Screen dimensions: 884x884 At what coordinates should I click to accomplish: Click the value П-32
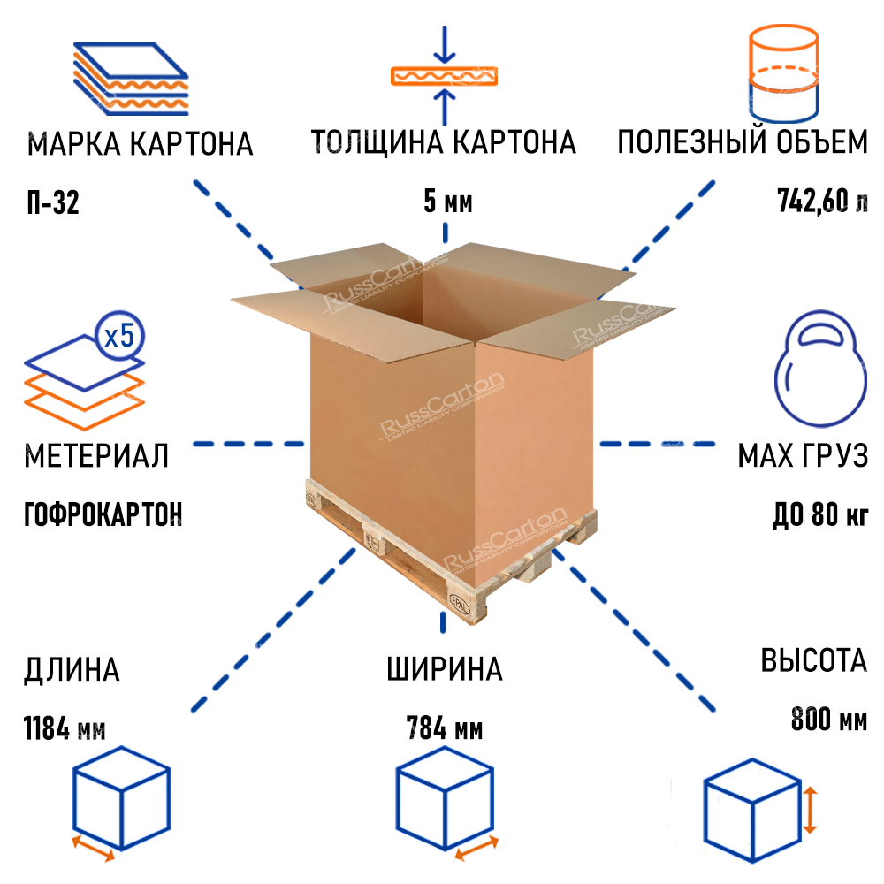(x=53, y=203)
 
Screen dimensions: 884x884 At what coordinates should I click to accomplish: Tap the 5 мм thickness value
(x=448, y=202)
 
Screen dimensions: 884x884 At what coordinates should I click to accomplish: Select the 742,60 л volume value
(x=822, y=202)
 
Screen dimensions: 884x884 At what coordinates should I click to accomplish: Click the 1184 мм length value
(x=65, y=730)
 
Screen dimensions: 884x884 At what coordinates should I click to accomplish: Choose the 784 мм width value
(x=445, y=730)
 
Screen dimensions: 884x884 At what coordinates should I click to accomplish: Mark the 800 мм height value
(x=829, y=720)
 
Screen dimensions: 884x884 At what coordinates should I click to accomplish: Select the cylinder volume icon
(x=782, y=74)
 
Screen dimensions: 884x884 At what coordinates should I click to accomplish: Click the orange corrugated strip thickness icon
(x=445, y=76)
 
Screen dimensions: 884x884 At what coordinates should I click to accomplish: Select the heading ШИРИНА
(x=445, y=669)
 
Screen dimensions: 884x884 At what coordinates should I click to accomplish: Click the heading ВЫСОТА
(x=813, y=661)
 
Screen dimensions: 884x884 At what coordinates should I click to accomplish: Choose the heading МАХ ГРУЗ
(x=803, y=457)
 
